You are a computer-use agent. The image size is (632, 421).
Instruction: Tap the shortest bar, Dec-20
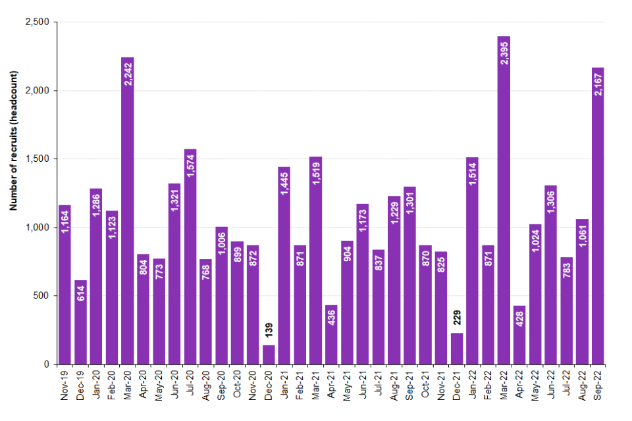(x=269, y=355)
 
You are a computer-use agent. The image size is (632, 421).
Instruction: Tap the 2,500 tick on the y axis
(x=41, y=22)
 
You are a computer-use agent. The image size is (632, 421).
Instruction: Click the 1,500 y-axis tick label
(x=41, y=159)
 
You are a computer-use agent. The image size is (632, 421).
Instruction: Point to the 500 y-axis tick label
(x=45, y=296)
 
